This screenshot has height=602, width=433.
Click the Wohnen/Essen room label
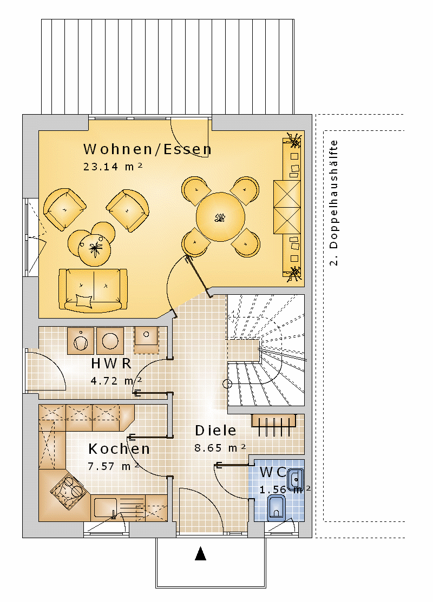coord(147,149)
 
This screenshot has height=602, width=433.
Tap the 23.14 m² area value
coord(113,166)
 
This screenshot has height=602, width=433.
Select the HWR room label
coord(111,363)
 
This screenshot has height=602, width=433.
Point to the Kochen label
coord(119,449)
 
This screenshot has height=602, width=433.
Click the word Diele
coord(215,431)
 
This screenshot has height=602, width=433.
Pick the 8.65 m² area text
coord(220,448)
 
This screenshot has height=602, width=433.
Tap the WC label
coord(272,472)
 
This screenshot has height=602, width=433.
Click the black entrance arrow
coord(201,553)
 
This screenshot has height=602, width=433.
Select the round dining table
coord(220,217)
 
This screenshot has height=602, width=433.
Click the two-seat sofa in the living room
coord(93,289)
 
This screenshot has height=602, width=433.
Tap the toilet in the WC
coord(276,507)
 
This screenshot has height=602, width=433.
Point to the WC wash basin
coord(296,480)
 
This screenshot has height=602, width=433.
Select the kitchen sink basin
coord(106,507)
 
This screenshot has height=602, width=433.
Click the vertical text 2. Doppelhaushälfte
coord(333,203)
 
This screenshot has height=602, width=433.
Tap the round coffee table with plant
coord(94,249)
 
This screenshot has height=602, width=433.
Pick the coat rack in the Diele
coord(273,425)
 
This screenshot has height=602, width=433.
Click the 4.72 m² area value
coord(116,381)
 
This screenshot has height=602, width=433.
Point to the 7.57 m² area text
coord(113,466)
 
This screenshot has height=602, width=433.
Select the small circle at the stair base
coord(227,383)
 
